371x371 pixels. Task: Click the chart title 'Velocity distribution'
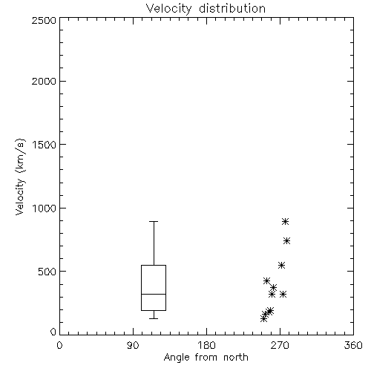tap(206, 8)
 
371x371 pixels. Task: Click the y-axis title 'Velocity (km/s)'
tap(20, 177)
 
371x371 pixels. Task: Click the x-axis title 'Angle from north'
tap(206, 358)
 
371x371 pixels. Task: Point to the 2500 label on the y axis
tap(45, 20)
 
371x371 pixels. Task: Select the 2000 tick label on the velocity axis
tap(45, 81)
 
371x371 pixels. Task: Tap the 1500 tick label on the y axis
tap(45, 145)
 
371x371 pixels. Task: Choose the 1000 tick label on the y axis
tap(45, 208)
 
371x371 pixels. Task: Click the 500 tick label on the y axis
tap(47, 272)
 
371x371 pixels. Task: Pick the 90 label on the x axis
tap(133, 345)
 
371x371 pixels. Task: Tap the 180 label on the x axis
tap(206, 345)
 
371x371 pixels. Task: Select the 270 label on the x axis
tap(280, 345)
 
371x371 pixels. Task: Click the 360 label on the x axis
tap(353, 345)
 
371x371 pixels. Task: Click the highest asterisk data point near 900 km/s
tap(286, 221)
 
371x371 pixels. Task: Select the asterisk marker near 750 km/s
tap(287, 240)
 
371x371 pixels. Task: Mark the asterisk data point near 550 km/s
tap(281, 265)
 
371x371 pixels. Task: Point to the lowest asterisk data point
tap(263, 318)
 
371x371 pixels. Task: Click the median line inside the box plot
tap(154, 294)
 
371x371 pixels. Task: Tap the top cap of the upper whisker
tap(154, 221)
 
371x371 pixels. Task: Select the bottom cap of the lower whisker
tap(154, 318)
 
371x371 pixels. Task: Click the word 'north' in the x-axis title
tap(236, 358)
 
